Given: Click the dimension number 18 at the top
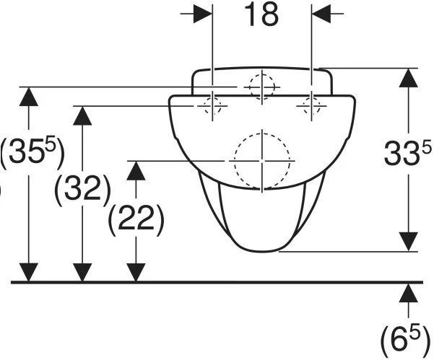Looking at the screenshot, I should [x=262, y=15].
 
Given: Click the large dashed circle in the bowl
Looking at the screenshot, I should [x=261, y=161].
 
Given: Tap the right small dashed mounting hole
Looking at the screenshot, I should [x=312, y=106].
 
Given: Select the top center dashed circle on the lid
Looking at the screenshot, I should [x=261, y=87].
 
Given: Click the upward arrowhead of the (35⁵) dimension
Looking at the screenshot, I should [x=28, y=96].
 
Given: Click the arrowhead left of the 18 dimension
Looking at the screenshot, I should [x=203, y=15].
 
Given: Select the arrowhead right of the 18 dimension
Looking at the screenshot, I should [x=322, y=15].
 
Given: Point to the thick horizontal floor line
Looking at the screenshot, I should [x=217, y=282].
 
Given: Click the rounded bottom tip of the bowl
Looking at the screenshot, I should [x=261, y=250].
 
